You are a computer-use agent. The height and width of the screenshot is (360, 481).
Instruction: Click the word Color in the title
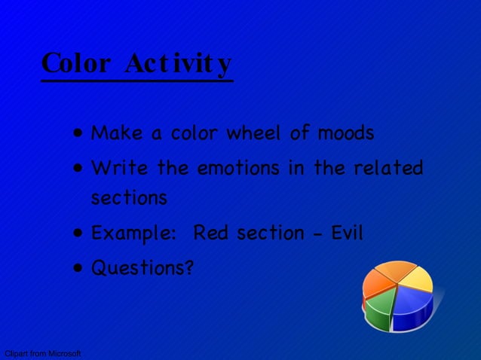[75, 63]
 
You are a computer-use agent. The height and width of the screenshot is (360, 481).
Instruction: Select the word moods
[345, 134]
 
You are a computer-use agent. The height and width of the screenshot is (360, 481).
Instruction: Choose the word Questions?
[142, 267]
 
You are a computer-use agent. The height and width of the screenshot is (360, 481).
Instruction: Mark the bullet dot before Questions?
[79, 268]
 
